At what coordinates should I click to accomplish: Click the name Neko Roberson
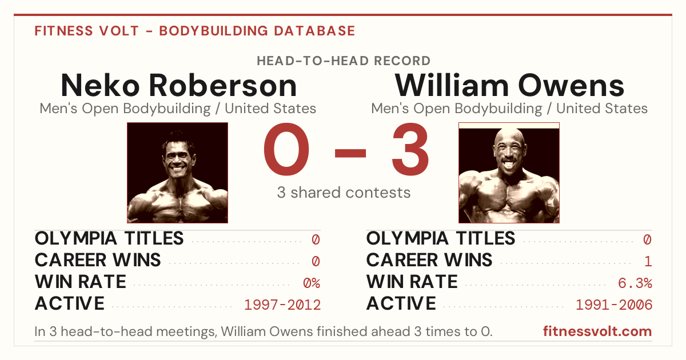[x=179, y=85]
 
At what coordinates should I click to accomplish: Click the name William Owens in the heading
[x=509, y=85]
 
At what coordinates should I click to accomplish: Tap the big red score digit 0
[x=286, y=149]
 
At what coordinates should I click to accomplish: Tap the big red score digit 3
[x=410, y=149]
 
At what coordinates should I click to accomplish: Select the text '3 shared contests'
[x=344, y=193]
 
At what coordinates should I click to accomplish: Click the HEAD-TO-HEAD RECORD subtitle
[x=344, y=61]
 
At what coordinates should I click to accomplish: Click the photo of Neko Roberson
[x=178, y=173]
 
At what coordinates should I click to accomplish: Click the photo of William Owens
[x=509, y=173]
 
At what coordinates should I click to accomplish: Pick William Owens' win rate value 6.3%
[x=635, y=283]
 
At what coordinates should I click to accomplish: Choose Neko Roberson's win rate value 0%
[x=312, y=283]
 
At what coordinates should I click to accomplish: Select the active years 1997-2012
[x=282, y=305]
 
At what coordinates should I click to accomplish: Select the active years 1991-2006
[x=614, y=305]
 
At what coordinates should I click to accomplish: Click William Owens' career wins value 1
[x=648, y=261]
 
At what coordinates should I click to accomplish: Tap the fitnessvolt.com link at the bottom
[x=597, y=331]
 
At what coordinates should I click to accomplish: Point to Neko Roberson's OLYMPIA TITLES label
[x=109, y=238]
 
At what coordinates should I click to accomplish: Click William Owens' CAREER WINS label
[x=429, y=260]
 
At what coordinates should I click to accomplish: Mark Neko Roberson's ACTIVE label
[x=70, y=303]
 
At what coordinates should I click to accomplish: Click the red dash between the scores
[x=350, y=153]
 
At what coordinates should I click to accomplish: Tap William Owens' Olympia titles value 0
[x=647, y=239]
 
